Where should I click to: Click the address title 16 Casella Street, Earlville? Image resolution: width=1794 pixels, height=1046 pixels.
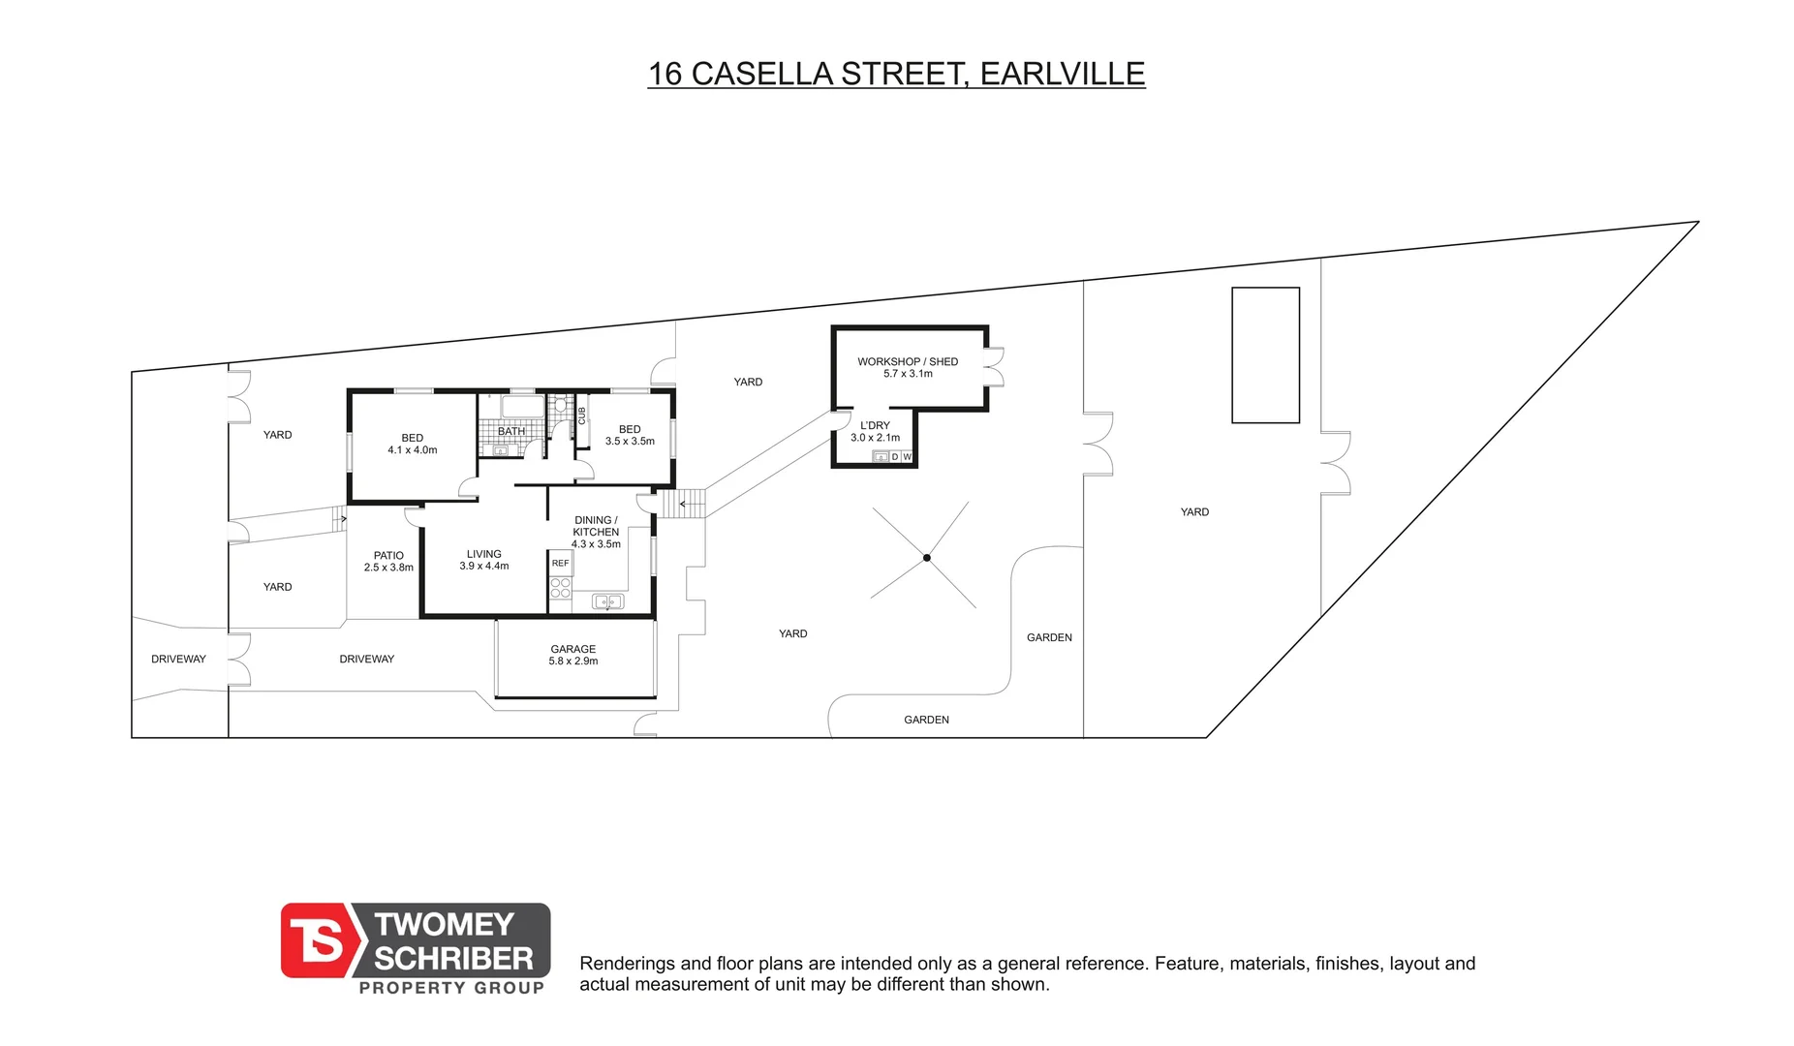pos(896,74)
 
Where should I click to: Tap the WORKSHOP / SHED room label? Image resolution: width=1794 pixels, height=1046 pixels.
pos(908,367)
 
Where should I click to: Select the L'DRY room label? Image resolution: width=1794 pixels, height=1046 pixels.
pos(875,431)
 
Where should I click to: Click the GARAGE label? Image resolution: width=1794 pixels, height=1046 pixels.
pos(573,655)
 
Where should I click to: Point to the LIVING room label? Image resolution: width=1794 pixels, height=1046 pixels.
pos(484,560)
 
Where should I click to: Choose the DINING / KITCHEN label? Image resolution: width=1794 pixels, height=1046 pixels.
pos(596,532)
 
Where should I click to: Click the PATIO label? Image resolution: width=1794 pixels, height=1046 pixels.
pos(388,562)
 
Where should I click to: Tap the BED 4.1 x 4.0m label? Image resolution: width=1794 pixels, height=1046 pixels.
pos(413,444)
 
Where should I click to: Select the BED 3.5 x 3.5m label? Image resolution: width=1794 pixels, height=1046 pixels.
pos(630,435)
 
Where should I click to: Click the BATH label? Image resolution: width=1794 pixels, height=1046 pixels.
pos(511,431)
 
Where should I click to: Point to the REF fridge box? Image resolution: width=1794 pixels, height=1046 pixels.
pos(561,563)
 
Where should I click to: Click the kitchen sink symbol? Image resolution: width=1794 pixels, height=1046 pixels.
pos(608,601)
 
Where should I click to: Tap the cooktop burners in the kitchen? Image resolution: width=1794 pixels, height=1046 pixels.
pos(561,588)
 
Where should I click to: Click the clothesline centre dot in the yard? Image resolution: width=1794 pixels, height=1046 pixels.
pos(927,558)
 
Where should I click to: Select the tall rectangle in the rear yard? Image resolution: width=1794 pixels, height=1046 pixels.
pos(1265,354)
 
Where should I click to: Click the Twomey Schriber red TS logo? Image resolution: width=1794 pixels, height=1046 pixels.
pos(317,940)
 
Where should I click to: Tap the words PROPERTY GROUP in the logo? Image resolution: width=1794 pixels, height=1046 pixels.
pos(451,988)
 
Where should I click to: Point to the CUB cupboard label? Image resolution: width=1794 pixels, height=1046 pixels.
pos(582,415)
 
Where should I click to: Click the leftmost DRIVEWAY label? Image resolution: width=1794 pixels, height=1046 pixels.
pos(178,660)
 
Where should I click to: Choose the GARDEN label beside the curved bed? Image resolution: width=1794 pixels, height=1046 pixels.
pos(1049,637)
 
